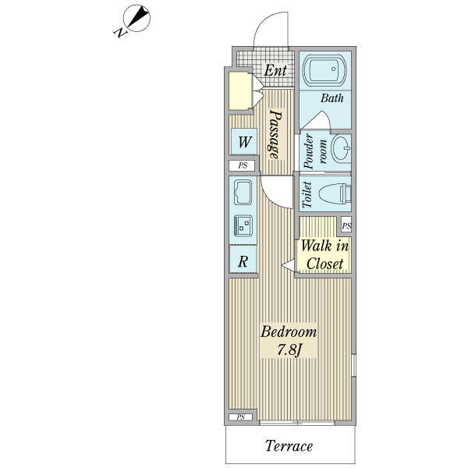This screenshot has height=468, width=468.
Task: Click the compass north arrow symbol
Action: (135, 19)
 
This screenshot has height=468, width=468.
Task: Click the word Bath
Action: (332, 98)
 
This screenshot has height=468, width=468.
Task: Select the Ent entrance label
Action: (275, 70)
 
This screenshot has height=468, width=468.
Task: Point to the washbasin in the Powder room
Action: (342, 149)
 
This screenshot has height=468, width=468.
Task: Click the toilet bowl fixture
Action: (335, 193)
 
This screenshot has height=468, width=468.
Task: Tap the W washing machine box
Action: (244, 141)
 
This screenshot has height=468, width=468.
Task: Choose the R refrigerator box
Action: (243, 259)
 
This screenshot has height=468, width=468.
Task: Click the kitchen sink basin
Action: (243, 192)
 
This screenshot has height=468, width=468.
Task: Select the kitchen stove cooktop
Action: (243, 226)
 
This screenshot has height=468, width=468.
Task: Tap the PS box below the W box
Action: (242, 165)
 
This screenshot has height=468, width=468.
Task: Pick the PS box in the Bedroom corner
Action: (240, 417)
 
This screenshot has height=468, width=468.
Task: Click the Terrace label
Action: (289, 446)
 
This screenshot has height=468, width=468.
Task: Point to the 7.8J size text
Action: (289, 349)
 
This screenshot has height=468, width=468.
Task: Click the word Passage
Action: (275, 134)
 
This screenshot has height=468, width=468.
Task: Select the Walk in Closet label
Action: (324, 254)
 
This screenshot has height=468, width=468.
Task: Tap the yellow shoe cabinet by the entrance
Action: (240, 90)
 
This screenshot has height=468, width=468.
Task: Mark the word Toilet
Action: (307, 194)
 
